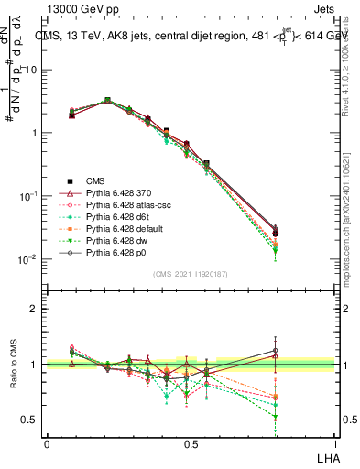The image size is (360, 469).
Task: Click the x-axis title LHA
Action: coord(327,456)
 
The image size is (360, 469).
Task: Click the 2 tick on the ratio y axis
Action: coord(34,309)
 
